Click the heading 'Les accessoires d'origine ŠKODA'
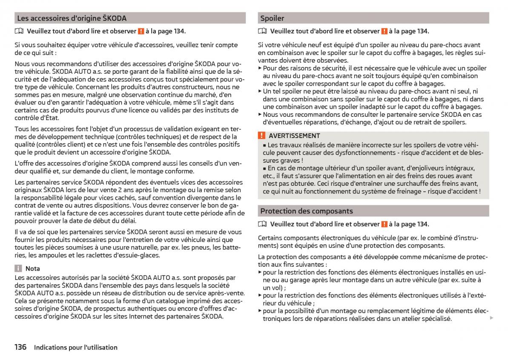[x=72, y=18]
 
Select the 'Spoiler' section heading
[x=272, y=18]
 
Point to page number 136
[x=20, y=347]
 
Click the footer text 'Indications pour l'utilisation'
[x=76, y=348]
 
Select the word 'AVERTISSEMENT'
[x=294, y=136]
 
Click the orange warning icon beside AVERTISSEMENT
[x=261, y=136]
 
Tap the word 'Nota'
[x=33, y=268]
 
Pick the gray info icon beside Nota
[x=18, y=268]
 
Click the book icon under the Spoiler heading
[x=262, y=31]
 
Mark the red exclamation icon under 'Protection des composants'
[x=384, y=224]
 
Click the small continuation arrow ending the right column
[x=491, y=318]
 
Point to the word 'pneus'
[x=200, y=248]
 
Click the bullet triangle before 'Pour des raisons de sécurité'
[x=260, y=68]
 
